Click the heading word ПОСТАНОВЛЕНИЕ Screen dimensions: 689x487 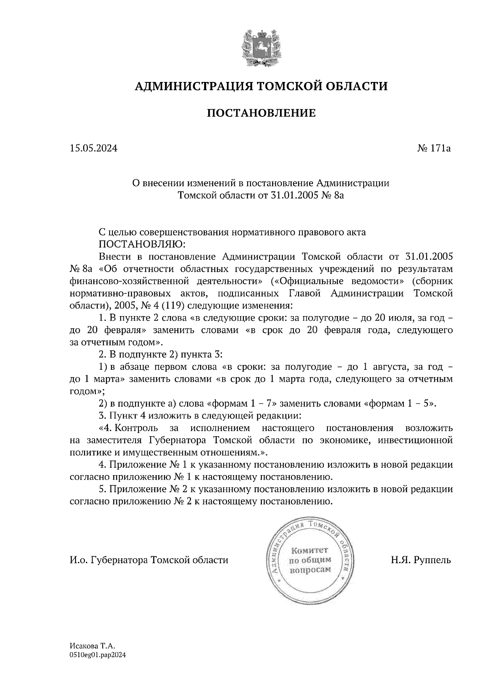(261, 113)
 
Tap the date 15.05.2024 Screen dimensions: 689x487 (93, 149)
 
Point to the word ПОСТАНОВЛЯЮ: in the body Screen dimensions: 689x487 (142, 244)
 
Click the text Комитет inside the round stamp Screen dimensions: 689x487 (310, 550)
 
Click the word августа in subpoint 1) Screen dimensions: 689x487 (390, 367)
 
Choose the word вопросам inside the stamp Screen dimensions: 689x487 (310, 570)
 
